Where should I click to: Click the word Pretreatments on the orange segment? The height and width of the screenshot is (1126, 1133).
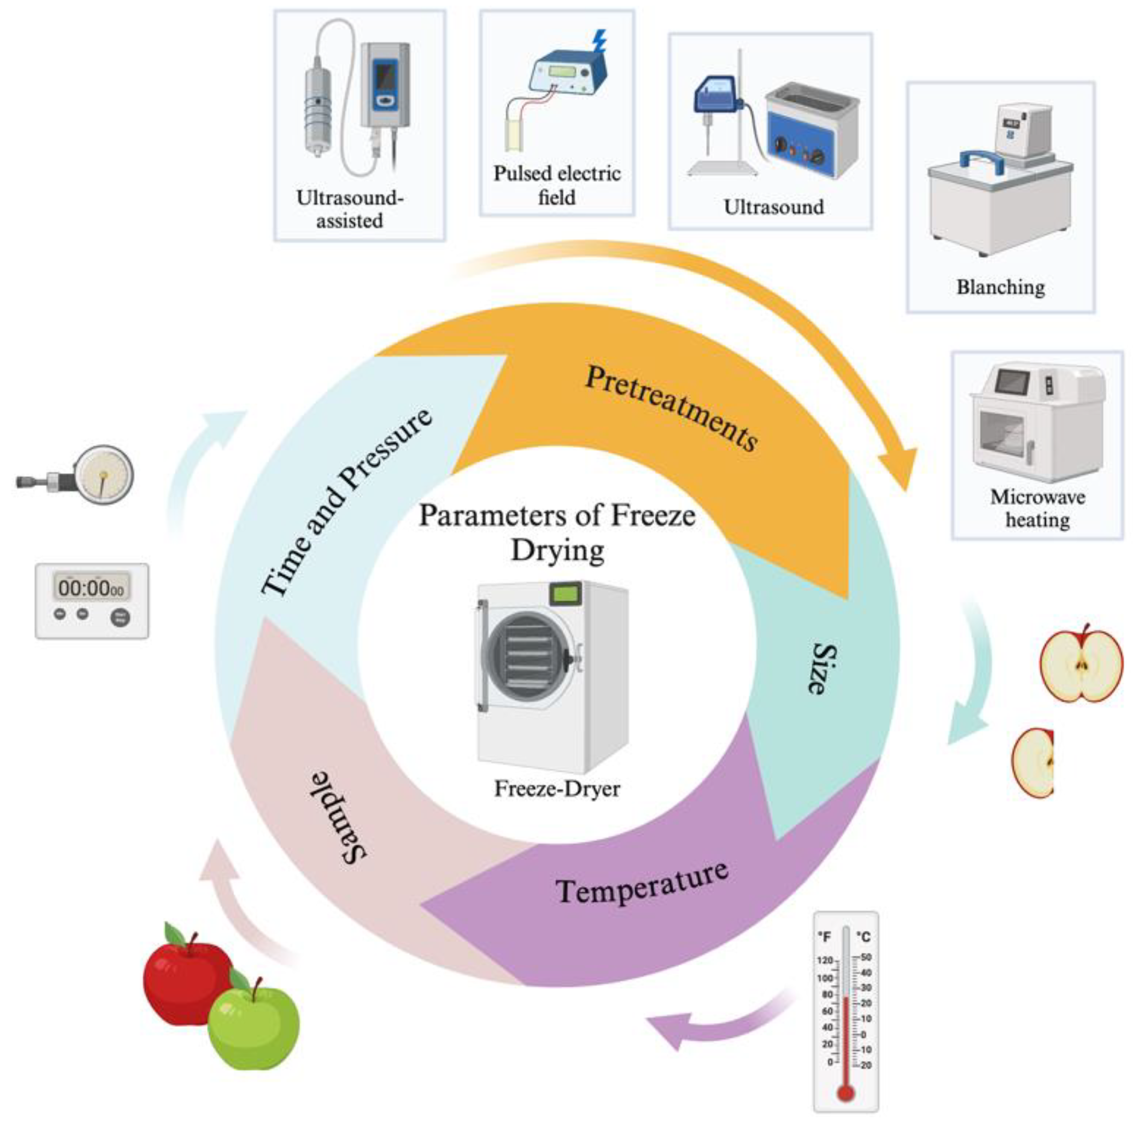[672, 408]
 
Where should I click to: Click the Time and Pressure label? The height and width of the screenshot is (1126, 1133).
[346, 502]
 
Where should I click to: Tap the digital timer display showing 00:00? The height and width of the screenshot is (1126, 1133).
[92, 587]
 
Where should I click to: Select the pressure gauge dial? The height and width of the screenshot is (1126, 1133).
[105, 475]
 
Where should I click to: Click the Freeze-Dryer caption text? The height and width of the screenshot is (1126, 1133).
[556, 788]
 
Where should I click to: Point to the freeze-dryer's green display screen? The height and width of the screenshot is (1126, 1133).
[565, 594]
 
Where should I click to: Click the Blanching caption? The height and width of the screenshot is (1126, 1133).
[1001, 287]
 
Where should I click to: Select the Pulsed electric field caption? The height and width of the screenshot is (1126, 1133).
[556, 185]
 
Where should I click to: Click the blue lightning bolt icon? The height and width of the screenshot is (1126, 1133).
[599, 42]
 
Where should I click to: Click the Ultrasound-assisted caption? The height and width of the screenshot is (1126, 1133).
[350, 210]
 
